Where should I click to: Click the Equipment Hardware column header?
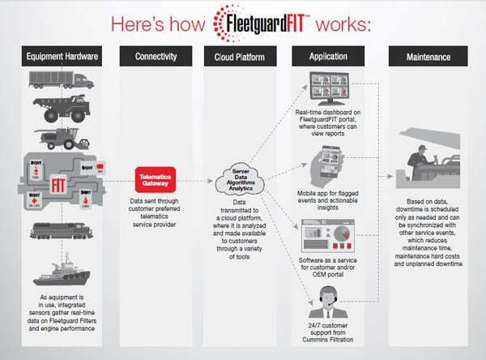[x=63, y=57]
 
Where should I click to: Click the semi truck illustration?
[x=63, y=80]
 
